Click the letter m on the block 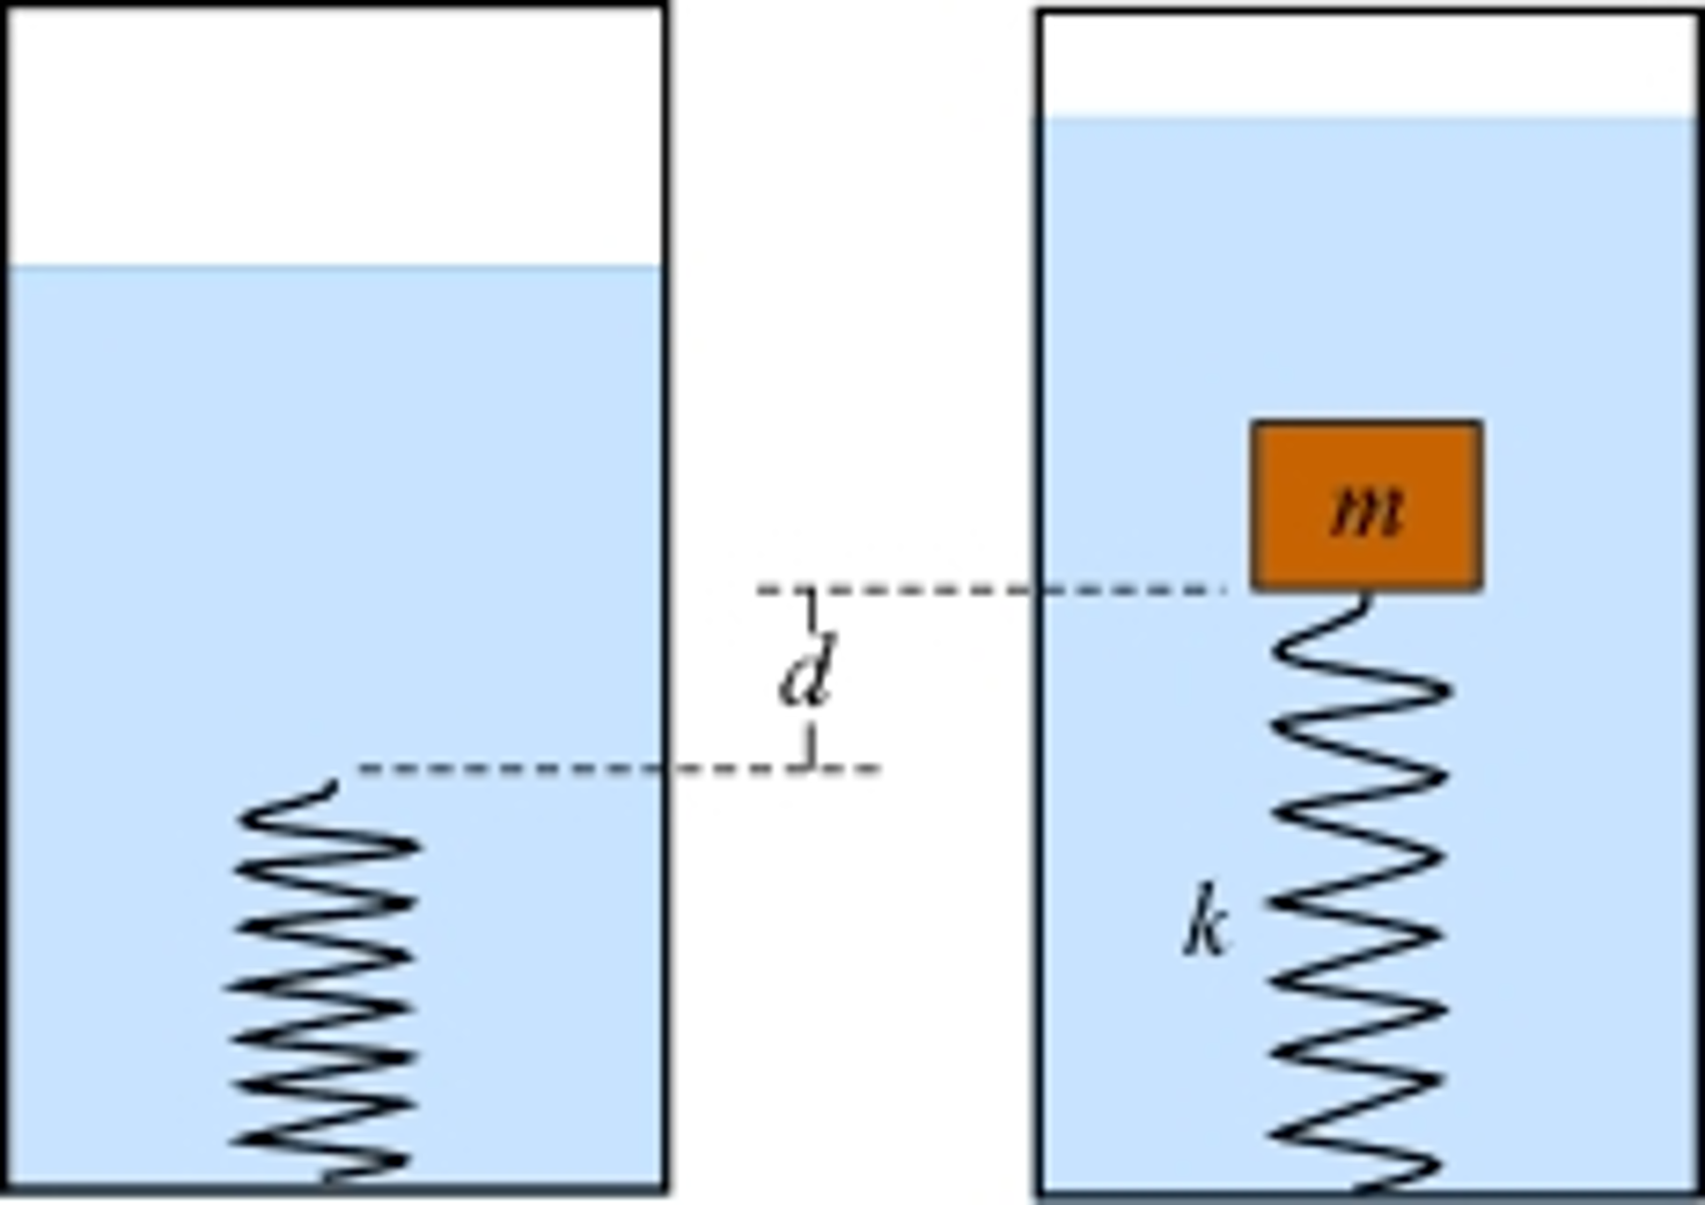(1367, 510)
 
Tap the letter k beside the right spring (1205, 921)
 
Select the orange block (1367, 467)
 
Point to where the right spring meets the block (1365, 593)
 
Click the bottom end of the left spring (329, 1178)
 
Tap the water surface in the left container (333, 267)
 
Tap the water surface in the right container (1367, 117)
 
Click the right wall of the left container (665, 500)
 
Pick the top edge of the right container (1367, 12)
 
